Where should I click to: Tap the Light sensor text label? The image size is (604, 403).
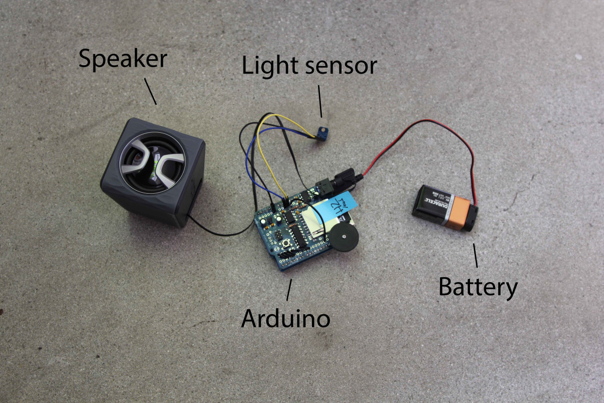(309, 66)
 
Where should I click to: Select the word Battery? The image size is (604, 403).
(478, 287)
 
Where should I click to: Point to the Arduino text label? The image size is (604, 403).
(285, 318)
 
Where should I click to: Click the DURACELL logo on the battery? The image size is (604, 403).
(436, 204)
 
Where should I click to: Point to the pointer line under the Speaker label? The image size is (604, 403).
(150, 91)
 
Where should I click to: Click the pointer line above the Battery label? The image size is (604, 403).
(476, 256)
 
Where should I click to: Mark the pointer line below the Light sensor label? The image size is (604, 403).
(320, 101)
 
